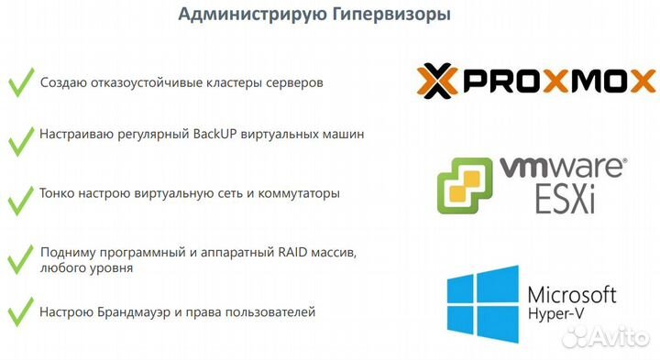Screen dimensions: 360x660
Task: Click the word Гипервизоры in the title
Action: (390, 16)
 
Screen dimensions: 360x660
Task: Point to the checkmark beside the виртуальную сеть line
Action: (20, 198)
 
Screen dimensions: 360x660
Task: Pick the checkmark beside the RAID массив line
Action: (20, 258)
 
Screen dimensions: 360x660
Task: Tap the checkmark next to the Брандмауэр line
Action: (20, 314)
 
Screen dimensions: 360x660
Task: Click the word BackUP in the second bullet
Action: (214, 134)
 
